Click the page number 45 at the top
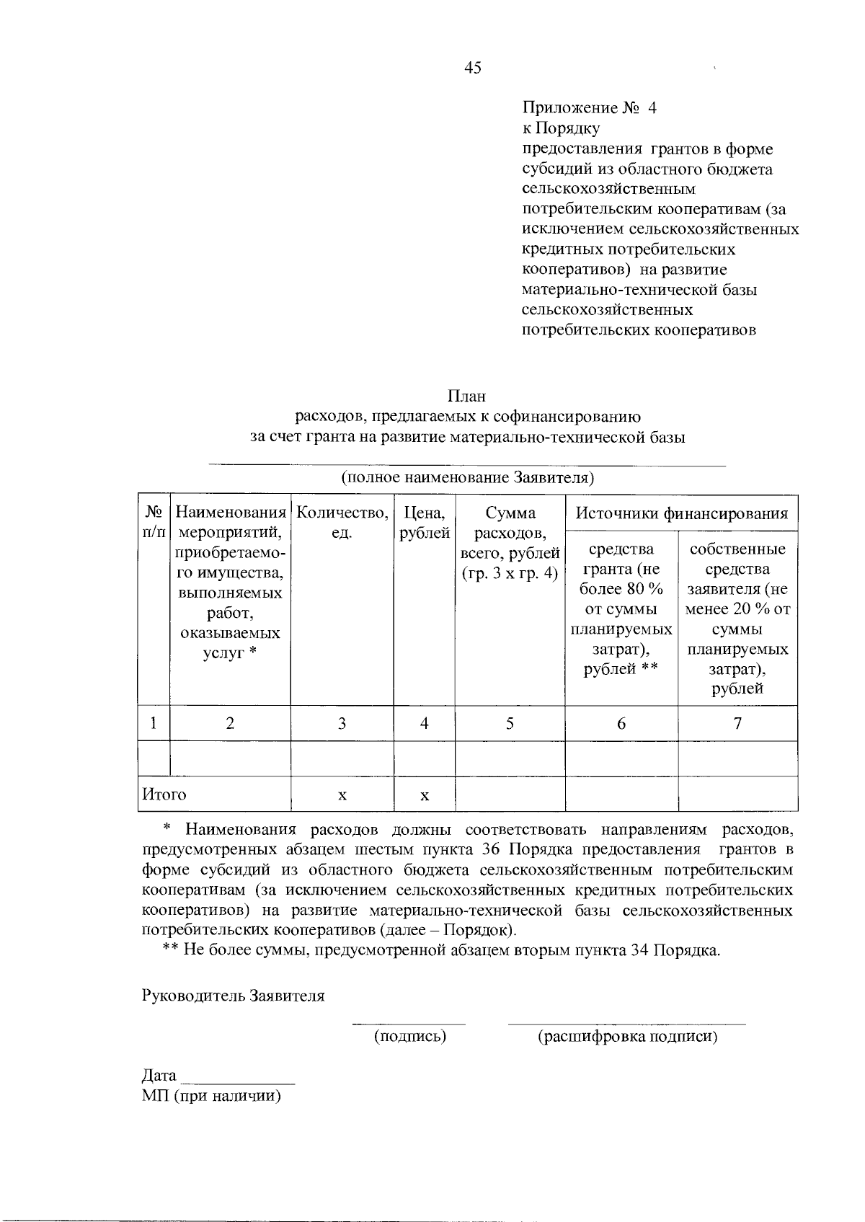pos(473,68)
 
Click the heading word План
pos(466,397)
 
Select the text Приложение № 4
pos(589,108)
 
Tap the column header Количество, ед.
pos(342,523)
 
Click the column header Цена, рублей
pos(425,523)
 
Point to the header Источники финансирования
pos(681,514)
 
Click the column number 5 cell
pos(510,723)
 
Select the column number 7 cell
pos(737,723)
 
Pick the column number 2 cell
pos(229,723)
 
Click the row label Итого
pos(164,794)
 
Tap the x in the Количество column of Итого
pos(342,795)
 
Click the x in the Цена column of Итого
pos(425,795)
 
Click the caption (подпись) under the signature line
pos(409,1037)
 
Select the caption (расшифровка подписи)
pos(627,1037)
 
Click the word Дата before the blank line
pos(159,1076)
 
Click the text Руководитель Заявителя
pos(233,996)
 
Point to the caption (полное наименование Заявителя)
pos(466,478)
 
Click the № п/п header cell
pos(154,523)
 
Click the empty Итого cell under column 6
pos(621,794)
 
